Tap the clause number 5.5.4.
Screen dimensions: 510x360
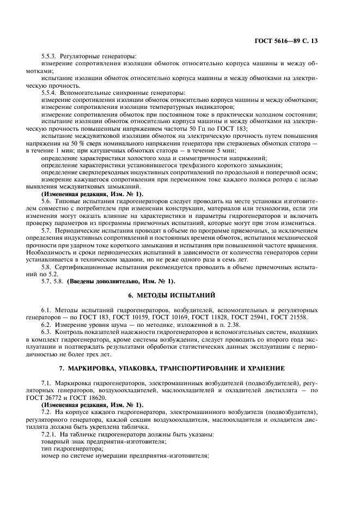click(49, 93)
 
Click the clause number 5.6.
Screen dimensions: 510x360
click(46, 201)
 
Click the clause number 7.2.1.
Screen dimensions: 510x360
click(49, 434)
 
